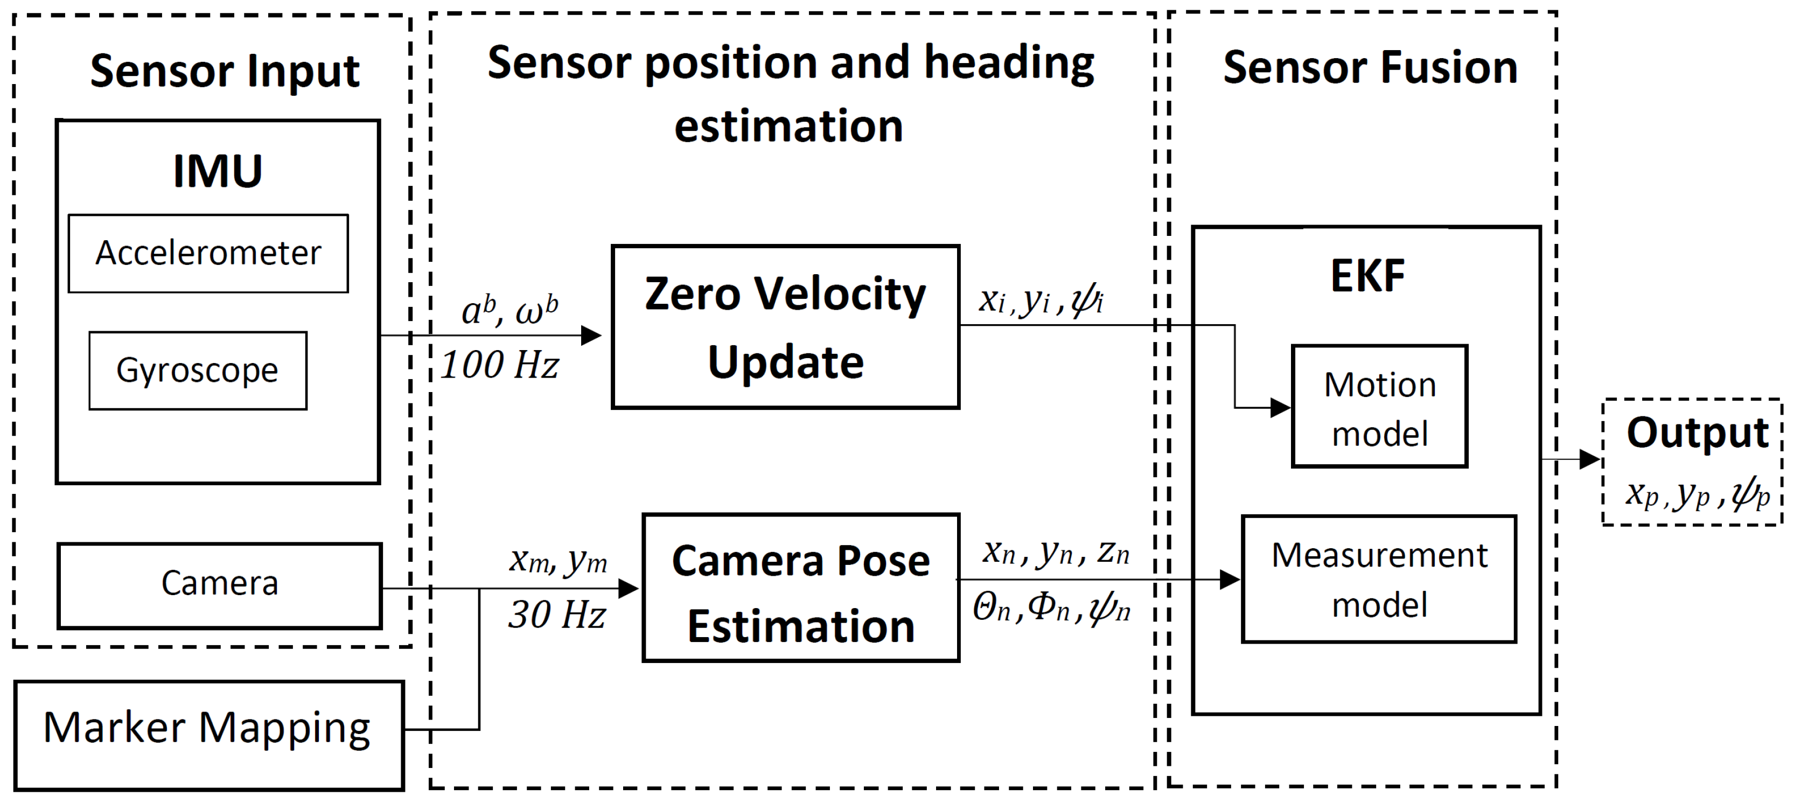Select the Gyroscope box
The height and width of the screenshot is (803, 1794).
point(197,370)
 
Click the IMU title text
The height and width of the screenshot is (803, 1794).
point(217,171)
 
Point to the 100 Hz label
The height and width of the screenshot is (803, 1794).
point(499,364)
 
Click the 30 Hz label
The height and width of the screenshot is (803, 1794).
point(556,615)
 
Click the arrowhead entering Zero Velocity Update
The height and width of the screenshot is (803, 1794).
point(591,335)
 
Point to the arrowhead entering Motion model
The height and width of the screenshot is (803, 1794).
point(1281,407)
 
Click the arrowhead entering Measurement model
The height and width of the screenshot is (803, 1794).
point(1230,579)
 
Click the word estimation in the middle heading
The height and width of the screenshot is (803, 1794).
point(788,126)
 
